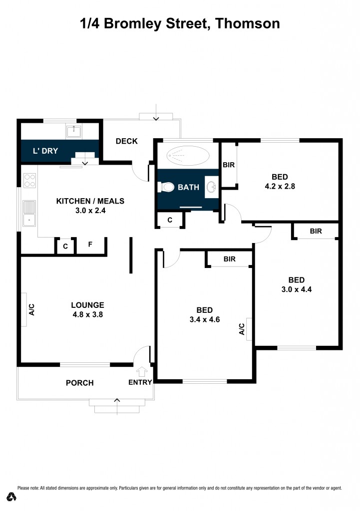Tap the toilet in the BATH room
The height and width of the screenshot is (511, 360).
pos(166,187)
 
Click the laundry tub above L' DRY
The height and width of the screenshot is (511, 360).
pos(74,132)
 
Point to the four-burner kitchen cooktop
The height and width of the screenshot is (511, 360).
pos(29,180)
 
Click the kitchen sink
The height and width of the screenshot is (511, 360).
pos(29,212)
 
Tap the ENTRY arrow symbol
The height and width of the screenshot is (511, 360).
pos(141,372)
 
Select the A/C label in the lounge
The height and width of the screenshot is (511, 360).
pos(31,310)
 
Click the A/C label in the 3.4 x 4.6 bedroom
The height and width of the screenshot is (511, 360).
pos(241,329)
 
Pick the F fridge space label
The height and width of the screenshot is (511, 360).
pos(90,245)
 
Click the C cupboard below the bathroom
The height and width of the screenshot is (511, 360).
pos(170,220)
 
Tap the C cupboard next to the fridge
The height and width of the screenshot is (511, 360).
pos(65,246)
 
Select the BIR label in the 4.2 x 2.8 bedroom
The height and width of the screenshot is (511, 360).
pos(229,165)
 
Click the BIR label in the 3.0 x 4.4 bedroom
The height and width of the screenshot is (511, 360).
pos(316,231)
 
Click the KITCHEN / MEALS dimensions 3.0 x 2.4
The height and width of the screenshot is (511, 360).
pos(90,211)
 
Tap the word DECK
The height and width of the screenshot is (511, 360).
pos(126,141)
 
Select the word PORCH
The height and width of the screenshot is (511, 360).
pos(80,383)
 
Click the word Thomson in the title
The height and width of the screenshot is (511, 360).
pos(248,23)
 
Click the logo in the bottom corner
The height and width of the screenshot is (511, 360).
pos(11,497)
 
